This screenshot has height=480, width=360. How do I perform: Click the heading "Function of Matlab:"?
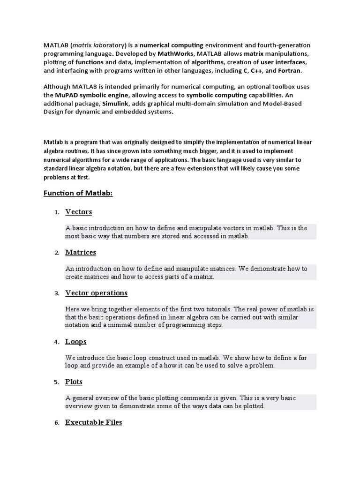click(78, 193)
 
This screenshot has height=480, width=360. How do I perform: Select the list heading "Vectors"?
click(79, 212)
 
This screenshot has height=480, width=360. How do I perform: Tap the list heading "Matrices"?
click(81, 253)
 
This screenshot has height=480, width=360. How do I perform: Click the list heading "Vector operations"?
click(96, 293)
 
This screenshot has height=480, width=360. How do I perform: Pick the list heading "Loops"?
click(76, 342)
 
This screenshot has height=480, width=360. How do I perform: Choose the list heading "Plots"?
click(74, 382)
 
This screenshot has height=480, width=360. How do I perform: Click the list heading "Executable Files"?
click(94, 422)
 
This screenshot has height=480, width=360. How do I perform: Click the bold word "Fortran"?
click(290, 71)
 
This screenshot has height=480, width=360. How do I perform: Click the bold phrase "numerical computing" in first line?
click(172, 45)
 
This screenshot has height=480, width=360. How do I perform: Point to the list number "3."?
click(57, 293)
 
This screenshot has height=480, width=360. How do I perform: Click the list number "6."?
click(57, 423)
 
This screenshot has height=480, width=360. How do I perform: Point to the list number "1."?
click(57, 212)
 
